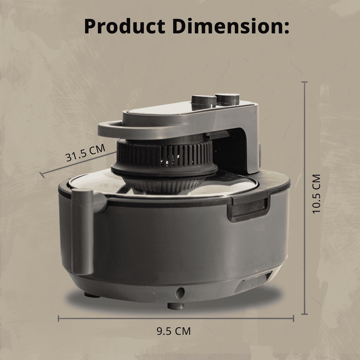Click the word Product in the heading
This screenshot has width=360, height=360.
[125, 26]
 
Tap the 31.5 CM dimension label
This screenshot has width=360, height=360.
[85, 153]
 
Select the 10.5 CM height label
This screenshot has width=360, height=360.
[316, 194]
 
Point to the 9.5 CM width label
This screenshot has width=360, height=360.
[174, 331]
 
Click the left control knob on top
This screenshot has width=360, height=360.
[204, 102]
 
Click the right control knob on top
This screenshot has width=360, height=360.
[227, 99]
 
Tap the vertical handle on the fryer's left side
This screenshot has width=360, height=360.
[82, 232]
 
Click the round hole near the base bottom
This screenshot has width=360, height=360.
[180, 293]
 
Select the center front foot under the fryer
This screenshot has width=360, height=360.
[176, 306]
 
